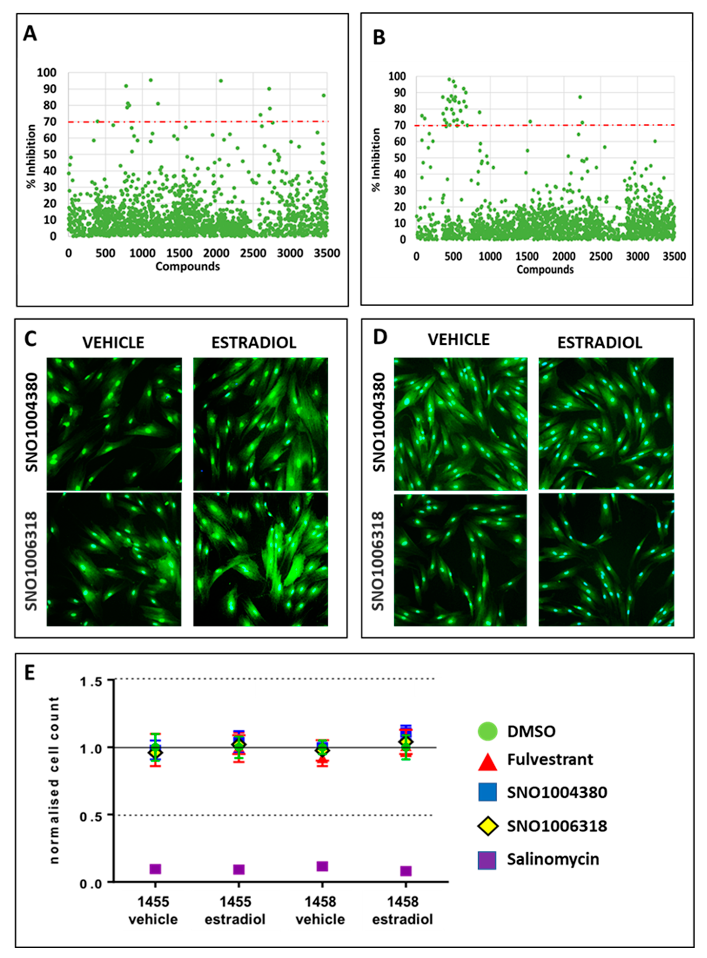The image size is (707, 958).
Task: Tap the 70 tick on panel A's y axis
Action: (x=50, y=121)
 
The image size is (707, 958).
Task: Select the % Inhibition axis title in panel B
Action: (x=376, y=160)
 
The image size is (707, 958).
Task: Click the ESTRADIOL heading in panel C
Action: (x=254, y=343)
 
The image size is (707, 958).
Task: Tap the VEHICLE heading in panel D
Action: (x=459, y=339)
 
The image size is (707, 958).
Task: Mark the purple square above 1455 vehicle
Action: (x=155, y=869)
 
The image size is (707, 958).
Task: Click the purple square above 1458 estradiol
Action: (x=406, y=871)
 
